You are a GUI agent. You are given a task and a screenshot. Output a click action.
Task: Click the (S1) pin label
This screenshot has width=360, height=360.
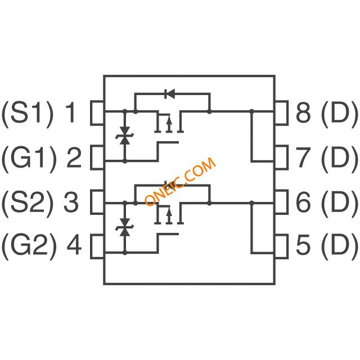28,112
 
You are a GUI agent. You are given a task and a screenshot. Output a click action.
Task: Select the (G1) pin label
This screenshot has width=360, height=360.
29,158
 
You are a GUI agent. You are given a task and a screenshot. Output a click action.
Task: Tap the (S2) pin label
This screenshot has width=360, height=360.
28,202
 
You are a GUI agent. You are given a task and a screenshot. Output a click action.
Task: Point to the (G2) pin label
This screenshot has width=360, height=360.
29,246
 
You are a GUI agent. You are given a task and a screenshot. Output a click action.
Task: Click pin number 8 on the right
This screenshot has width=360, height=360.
304,112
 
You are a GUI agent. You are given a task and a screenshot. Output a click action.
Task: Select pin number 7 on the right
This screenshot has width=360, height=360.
304,158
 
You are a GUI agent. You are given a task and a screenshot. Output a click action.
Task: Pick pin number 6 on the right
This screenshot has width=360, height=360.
304,202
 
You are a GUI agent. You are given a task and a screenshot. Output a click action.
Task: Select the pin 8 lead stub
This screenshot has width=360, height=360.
281,112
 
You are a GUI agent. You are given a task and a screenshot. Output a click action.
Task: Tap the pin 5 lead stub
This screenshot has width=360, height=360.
281,246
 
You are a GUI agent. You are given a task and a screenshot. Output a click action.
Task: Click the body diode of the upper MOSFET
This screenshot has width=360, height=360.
170,94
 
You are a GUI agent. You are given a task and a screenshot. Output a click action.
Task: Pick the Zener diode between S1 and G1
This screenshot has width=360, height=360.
125,136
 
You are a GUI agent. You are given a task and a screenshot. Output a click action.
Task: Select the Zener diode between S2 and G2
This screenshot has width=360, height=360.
125,227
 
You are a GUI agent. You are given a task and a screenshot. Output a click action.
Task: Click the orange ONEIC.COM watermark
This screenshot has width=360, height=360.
181,182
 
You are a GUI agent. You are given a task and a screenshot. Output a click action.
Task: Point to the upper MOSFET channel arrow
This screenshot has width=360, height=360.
169,124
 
